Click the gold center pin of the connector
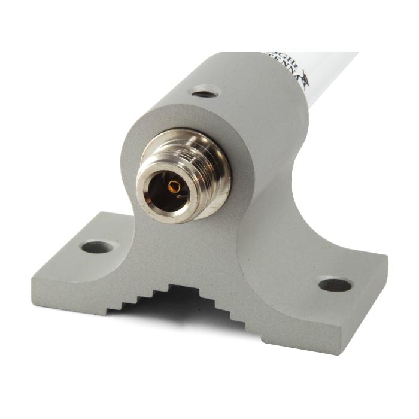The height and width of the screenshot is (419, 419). coord(175,187)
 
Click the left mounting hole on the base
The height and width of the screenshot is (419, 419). coord(98,246)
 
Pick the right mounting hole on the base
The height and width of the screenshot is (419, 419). coord(335,284)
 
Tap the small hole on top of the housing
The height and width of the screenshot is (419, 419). coord(205,93)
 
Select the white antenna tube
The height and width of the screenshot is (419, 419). coord(332,72)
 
